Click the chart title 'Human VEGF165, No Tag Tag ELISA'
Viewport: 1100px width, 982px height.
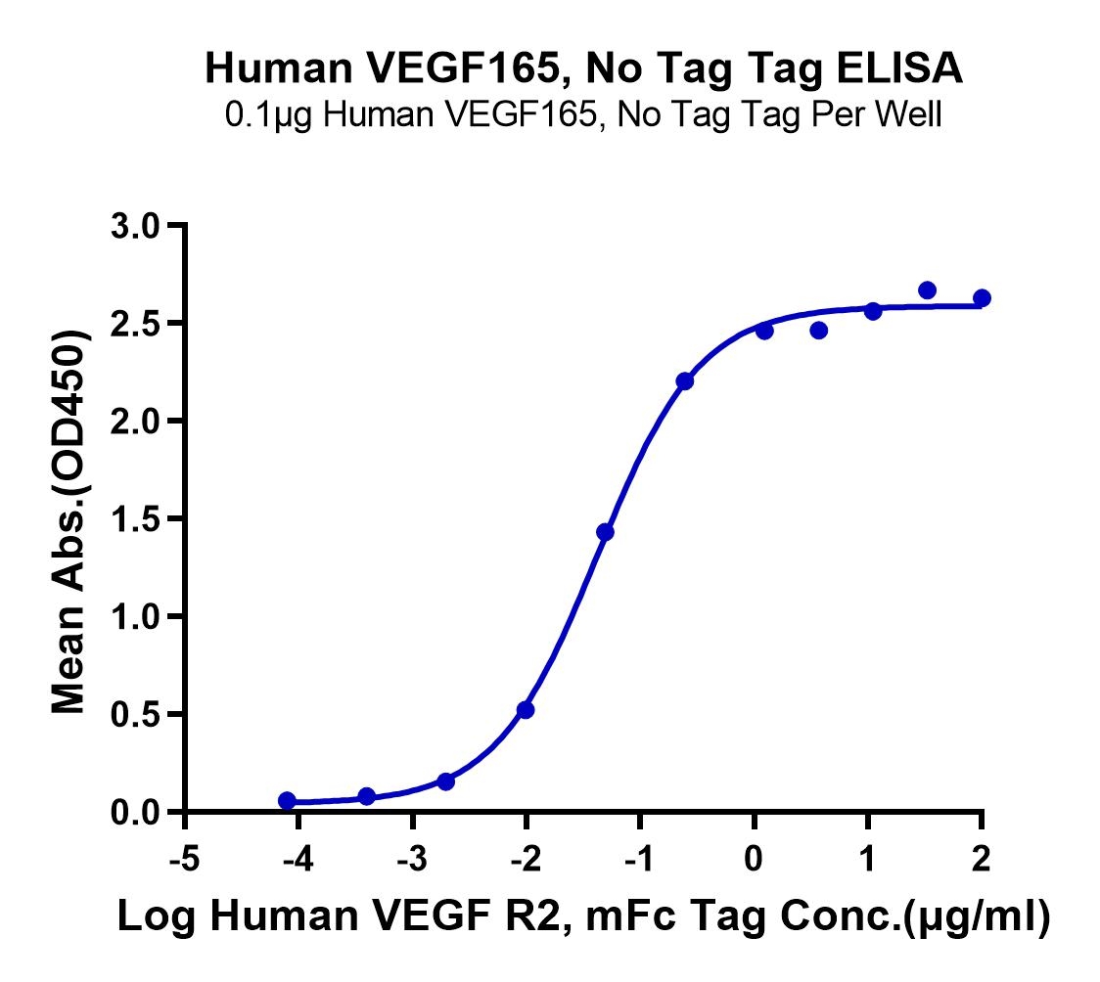pyautogui.click(x=583, y=69)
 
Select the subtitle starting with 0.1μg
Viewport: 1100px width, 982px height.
pyautogui.click(x=583, y=116)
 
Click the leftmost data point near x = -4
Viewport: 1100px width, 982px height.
pyautogui.click(x=287, y=800)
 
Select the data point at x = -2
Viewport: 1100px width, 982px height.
pyautogui.click(x=526, y=709)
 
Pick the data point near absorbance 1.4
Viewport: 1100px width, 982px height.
pyautogui.click(x=605, y=532)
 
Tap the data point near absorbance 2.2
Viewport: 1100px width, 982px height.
pyautogui.click(x=684, y=380)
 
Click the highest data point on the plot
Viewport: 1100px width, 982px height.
pyautogui.click(x=928, y=290)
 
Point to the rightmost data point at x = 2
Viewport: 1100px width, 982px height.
pyautogui.click(x=982, y=297)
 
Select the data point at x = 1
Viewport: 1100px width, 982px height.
pyautogui.click(x=873, y=311)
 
